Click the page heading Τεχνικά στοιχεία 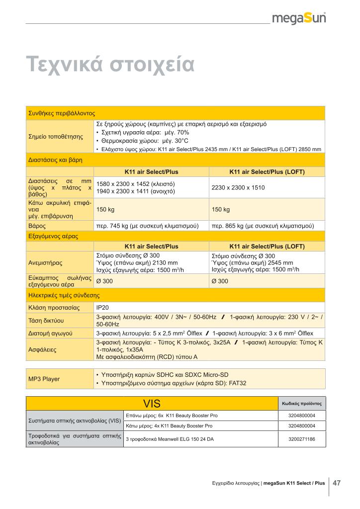[110, 65]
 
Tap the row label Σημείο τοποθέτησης [56, 136]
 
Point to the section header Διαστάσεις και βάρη [55, 160]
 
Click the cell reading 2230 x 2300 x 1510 [238, 188]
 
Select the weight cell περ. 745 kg [147, 226]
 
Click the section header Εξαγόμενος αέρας [52, 236]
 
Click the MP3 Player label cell [44, 379]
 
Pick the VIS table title [152, 403]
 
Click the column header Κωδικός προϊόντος [301, 404]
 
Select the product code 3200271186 [301, 439]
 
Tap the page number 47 [336, 482]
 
